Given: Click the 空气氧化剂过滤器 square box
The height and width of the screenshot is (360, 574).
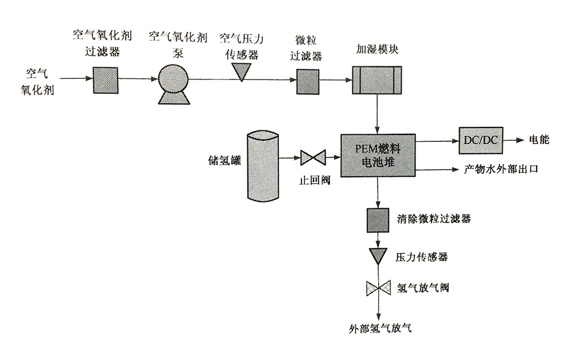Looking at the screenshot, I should point(105,79).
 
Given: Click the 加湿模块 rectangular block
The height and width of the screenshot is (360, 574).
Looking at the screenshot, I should point(376,79).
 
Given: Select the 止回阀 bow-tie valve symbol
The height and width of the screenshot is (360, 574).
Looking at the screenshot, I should point(313,157).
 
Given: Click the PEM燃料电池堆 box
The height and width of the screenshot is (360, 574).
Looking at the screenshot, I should point(378,156).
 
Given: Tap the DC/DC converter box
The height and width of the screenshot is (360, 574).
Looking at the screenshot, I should point(480,141).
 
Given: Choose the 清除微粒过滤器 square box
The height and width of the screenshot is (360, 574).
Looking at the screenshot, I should point(378,219).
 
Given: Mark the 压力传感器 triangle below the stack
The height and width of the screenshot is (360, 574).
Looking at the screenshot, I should point(378,255).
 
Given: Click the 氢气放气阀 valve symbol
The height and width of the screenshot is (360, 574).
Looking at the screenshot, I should point(378,287).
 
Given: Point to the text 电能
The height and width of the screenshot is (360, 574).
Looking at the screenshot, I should point(540,141).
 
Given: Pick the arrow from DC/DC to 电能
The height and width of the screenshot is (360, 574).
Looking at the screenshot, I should point(513,141).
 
